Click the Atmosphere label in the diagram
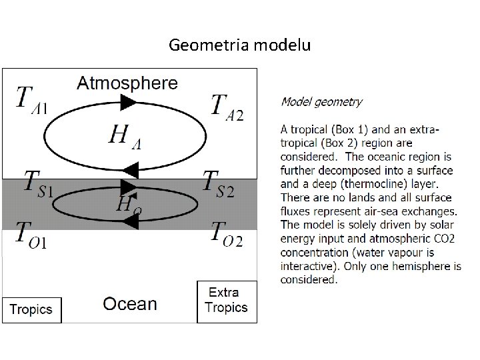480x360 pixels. point(127,83)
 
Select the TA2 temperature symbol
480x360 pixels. point(227,107)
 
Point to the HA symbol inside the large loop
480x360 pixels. point(127,138)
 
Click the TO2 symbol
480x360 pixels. point(226,233)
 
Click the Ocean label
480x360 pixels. point(129,305)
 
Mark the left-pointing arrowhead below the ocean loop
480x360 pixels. point(129,224)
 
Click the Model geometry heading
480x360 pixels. point(321,102)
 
